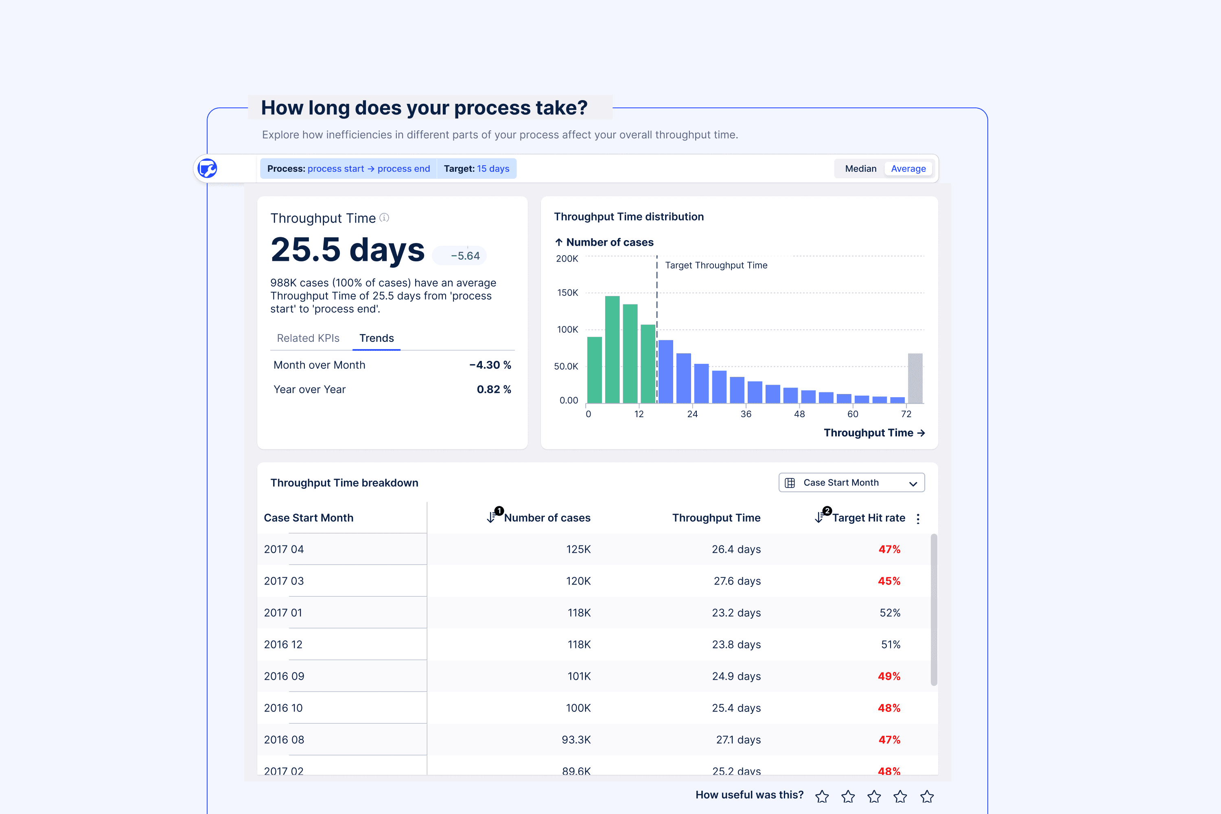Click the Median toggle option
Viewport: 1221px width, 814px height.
click(x=860, y=169)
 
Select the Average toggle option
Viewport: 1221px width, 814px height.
click(x=908, y=169)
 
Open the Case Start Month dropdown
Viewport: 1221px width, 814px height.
click(x=851, y=482)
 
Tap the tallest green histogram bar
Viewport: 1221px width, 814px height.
click(x=612, y=349)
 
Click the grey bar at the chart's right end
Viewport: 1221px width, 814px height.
click(x=915, y=379)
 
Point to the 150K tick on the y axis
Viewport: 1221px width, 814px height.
click(x=567, y=293)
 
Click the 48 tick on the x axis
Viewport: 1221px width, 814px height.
click(x=799, y=414)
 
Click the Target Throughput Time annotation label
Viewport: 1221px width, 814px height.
click(x=716, y=265)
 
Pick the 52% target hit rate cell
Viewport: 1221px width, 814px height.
click(x=890, y=613)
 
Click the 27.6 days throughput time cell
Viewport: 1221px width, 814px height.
click(x=737, y=581)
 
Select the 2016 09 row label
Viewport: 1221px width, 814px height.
click(x=284, y=676)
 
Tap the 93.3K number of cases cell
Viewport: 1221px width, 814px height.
click(x=576, y=740)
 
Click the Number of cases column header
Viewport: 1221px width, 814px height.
click(x=547, y=518)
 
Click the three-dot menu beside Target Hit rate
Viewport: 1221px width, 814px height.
click(x=918, y=519)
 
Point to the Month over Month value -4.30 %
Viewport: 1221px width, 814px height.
click(x=490, y=365)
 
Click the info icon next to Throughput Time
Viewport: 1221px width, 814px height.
click(x=384, y=217)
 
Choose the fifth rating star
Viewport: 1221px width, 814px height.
click(x=927, y=796)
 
